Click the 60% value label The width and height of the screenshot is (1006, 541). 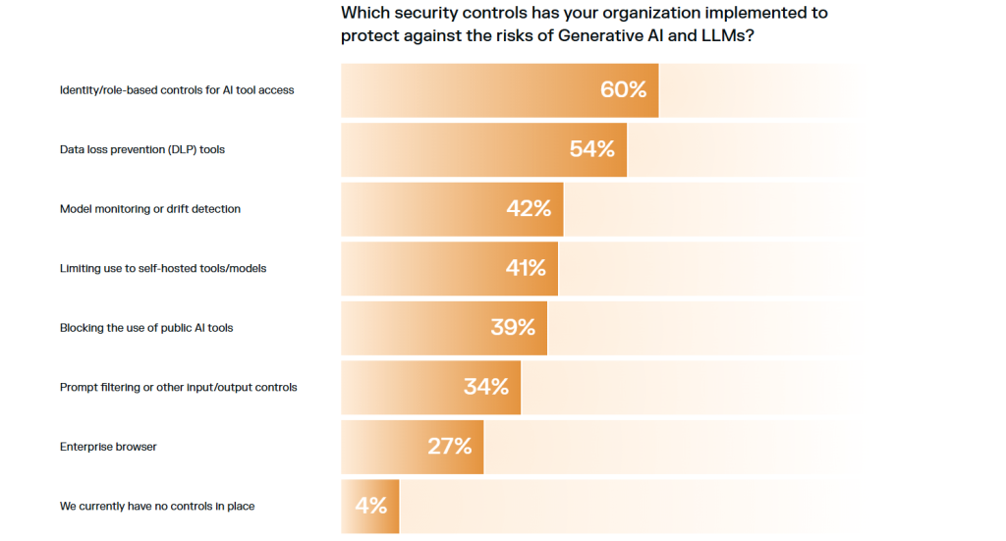click(624, 89)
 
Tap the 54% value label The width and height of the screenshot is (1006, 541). click(592, 149)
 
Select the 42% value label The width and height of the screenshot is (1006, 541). click(529, 208)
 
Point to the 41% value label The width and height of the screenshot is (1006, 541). click(526, 268)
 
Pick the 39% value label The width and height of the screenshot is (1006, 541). click(513, 327)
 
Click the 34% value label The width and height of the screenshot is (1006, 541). click(486, 387)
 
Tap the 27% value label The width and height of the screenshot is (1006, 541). click(450, 447)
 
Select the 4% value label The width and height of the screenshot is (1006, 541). click(370, 506)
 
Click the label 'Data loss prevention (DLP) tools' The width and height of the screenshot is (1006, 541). click(142, 149)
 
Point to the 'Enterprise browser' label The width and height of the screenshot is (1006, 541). click(108, 447)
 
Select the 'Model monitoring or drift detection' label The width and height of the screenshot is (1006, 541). click(150, 209)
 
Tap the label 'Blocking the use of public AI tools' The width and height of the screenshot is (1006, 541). click(146, 328)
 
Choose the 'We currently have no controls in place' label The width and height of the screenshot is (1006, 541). click(157, 507)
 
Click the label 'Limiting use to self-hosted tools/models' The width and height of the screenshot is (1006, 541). click(163, 268)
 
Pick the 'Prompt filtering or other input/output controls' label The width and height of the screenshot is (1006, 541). click(178, 387)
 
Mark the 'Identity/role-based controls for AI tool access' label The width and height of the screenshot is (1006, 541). click(177, 90)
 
